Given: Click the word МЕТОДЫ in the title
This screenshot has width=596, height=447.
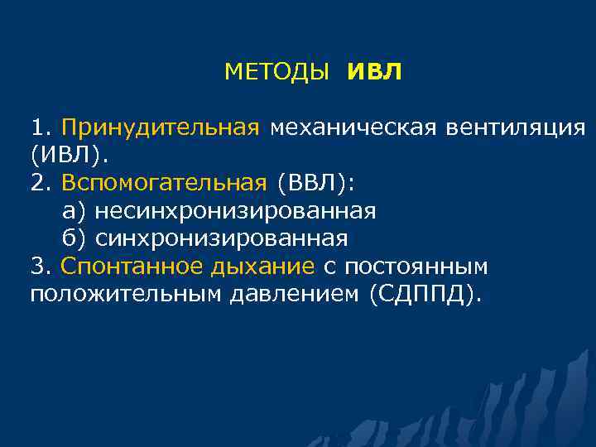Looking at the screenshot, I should (276, 73).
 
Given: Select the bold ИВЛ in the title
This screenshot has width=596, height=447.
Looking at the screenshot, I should (374, 73).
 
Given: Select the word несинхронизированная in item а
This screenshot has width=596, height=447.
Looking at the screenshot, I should (235, 211).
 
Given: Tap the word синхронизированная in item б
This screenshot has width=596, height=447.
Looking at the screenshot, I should (221, 238).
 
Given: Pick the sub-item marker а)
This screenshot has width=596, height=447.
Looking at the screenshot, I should (74, 211).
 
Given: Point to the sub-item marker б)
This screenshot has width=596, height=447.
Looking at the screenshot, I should (74, 238).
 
